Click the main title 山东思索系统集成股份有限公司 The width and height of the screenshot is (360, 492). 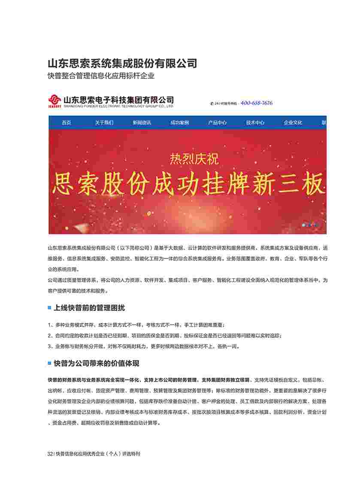(122, 64)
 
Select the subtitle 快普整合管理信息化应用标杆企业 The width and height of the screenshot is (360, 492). (101, 76)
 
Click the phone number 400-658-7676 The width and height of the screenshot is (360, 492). (257, 103)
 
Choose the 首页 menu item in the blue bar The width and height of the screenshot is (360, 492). (66, 123)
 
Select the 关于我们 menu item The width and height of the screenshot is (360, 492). (104, 123)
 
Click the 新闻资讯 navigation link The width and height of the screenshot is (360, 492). (142, 123)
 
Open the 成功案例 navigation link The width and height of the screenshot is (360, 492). (179, 123)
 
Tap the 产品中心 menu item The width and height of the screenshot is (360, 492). (218, 123)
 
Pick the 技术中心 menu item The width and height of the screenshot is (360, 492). (255, 123)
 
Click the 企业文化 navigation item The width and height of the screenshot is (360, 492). (293, 123)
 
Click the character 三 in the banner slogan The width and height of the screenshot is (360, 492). (287, 185)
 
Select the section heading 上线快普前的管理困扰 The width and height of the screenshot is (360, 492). (89, 308)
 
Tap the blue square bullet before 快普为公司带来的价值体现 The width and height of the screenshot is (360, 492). (49, 363)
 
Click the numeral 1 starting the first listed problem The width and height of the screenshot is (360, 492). (50, 325)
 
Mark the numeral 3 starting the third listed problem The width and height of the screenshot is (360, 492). (50, 346)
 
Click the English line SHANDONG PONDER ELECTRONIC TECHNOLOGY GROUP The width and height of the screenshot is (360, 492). (118, 106)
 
